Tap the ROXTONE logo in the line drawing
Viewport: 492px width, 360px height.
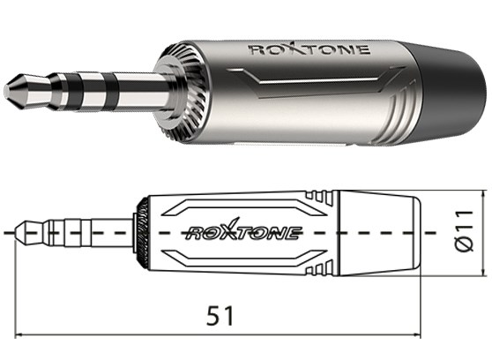[242, 233]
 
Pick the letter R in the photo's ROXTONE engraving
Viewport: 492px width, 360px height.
[256, 50]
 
